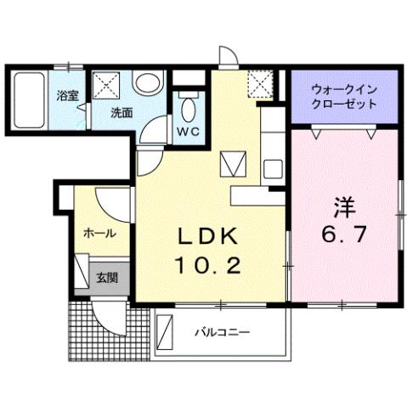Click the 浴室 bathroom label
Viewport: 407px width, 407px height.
pyautogui.click(x=67, y=95)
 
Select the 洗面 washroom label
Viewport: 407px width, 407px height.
pyautogui.click(x=121, y=112)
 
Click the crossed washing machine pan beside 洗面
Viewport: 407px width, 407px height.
pyautogui.click(x=107, y=86)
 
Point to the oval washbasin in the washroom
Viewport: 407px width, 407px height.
pyautogui.click(x=147, y=84)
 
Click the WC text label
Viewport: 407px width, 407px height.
pyautogui.click(x=188, y=131)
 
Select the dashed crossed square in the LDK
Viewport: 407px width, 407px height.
pyautogui.click(x=258, y=83)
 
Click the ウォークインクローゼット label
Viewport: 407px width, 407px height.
pyautogui.click(x=344, y=95)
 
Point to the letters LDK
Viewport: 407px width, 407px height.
pyautogui.click(x=210, y=235)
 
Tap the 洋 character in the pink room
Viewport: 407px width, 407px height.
pyautogui.click(x=344, y=206)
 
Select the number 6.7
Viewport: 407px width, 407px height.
pyautogui.click(x=344, y=235)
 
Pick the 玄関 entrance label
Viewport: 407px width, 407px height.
pyautogui.click(x=106, y=277)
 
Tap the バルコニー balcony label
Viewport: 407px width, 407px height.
pyautogui.click(x=221, y=331)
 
